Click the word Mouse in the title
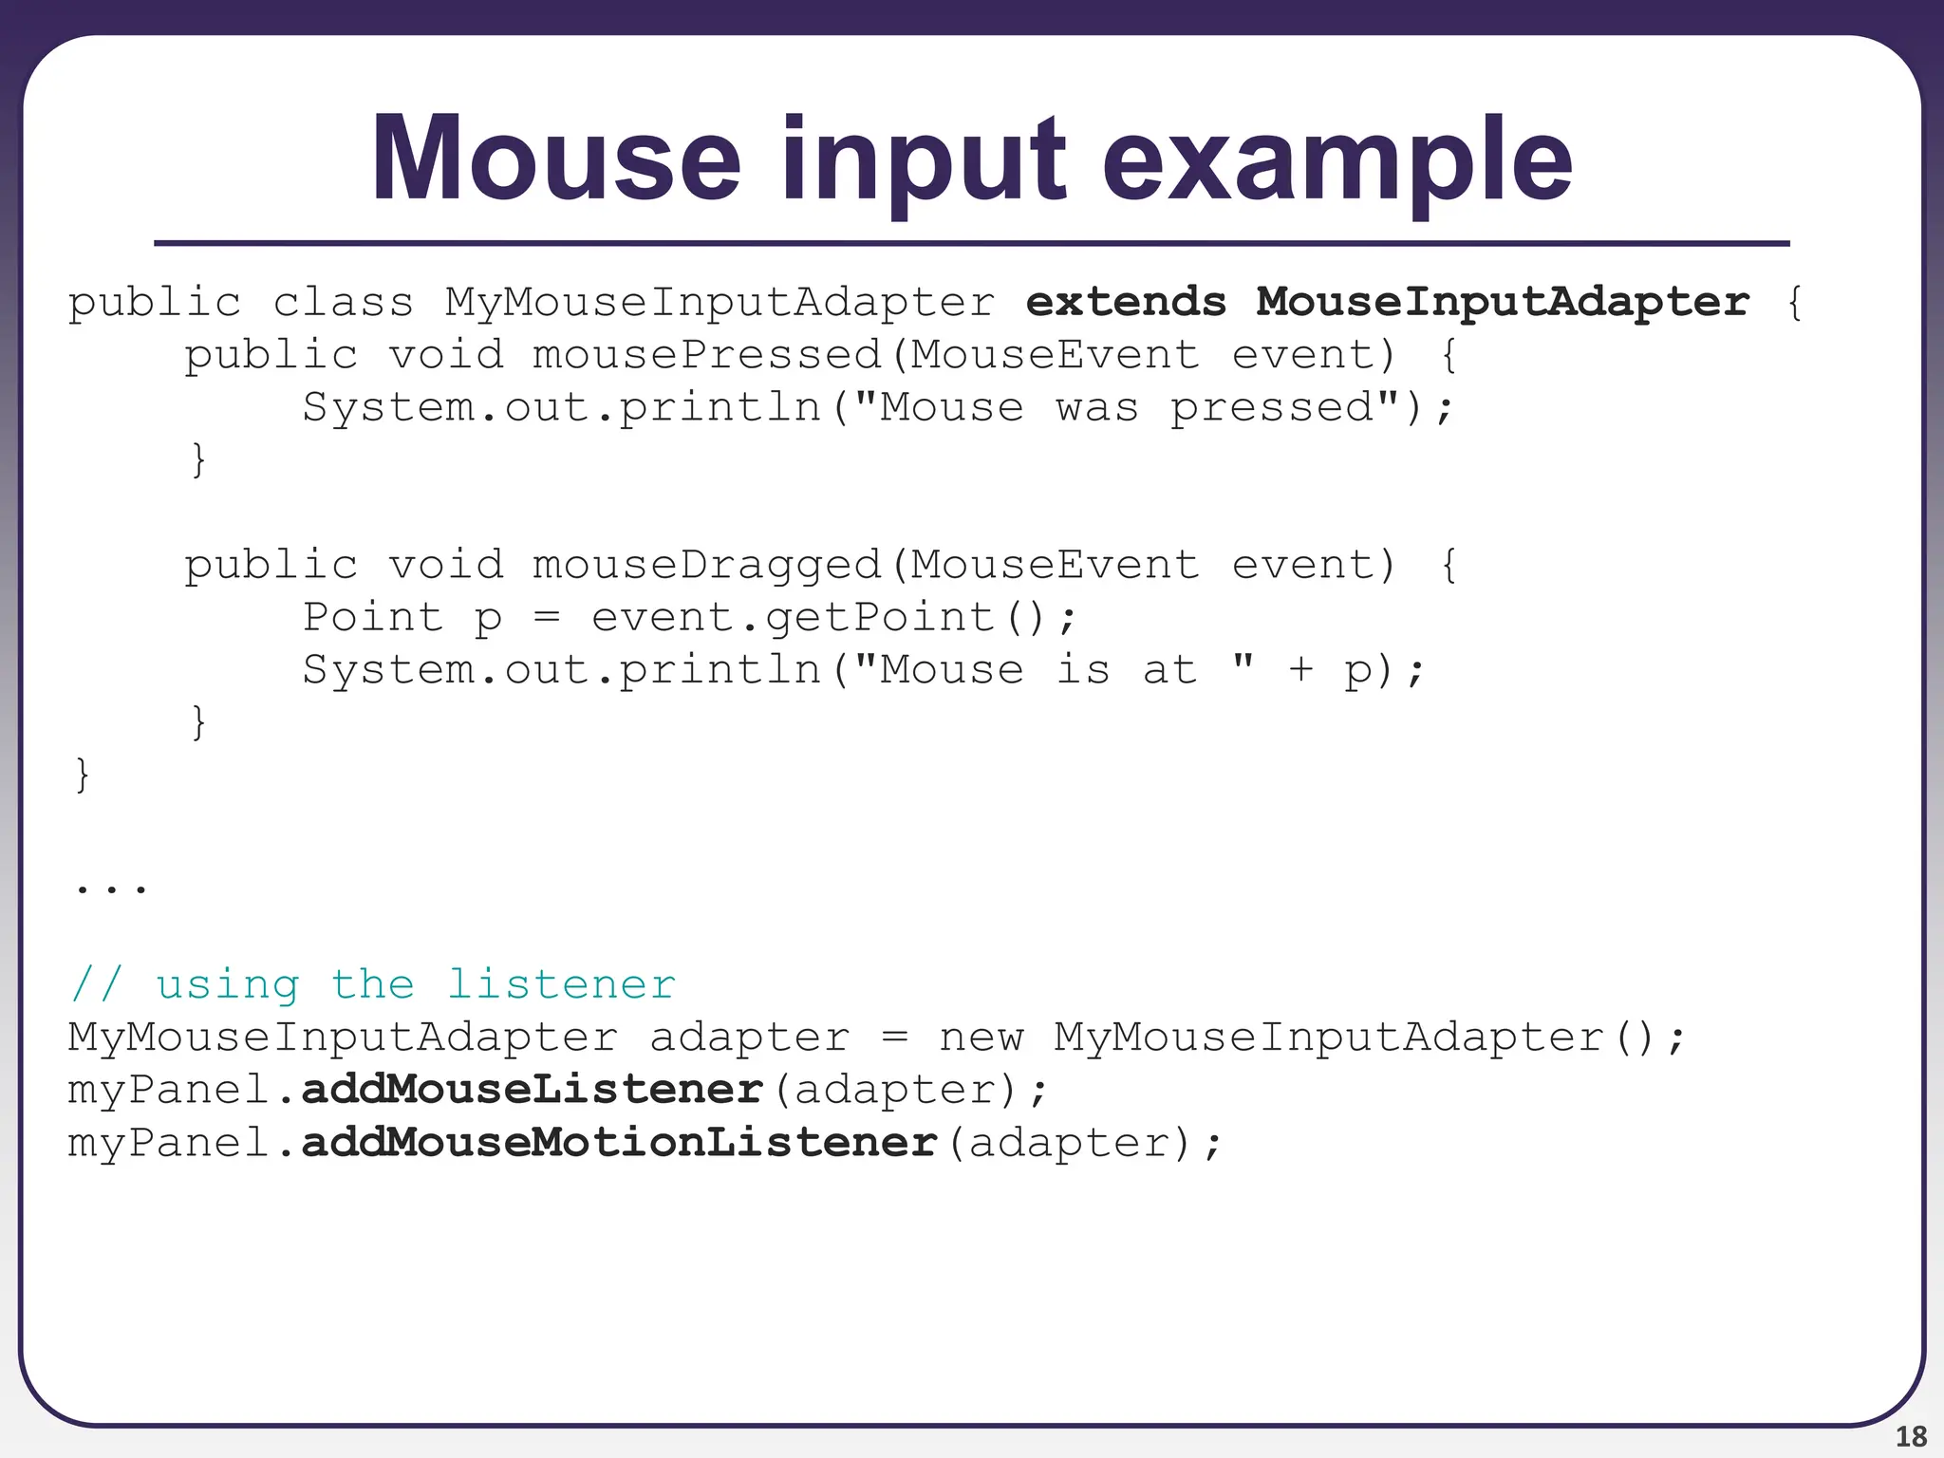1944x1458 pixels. (555, 159)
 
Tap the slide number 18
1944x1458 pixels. (1911, 1436)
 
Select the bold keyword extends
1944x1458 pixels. (1126, 302)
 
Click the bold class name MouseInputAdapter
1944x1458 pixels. (1503, 302)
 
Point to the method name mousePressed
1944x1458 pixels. (707, 355)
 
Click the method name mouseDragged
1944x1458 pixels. (707, 566)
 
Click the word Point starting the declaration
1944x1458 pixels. (372, 618)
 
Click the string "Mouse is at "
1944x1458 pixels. (1054, 670)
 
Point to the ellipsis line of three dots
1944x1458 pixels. (111, 888)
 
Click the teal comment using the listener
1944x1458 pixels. (372, 984)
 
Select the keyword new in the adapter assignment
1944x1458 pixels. (981, 1037)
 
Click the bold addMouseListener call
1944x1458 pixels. (532, 1090)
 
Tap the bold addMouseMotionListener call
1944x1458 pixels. (619, 1142)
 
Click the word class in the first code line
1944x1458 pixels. (343, 302)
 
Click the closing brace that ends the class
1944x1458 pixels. (83, 775)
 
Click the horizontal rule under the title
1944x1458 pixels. (971, 244)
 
